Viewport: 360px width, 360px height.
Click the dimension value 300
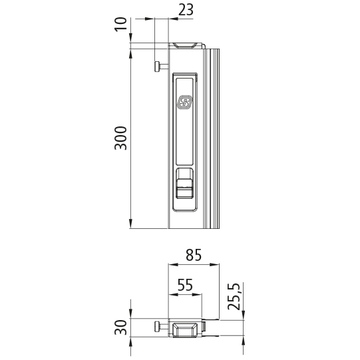[x=120, y=137]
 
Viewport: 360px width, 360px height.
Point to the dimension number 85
[x=193, y=255]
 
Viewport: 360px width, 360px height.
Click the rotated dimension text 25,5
[x=234, y=297]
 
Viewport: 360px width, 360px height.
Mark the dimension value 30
[x=120, y=328]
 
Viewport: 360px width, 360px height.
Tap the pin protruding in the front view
[x=160, y=66]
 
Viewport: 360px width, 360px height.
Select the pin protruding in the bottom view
[x=160, y=327]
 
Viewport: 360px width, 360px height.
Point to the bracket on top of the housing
[x=187, y=45]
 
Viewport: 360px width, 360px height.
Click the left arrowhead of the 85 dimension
[x=170, y=266]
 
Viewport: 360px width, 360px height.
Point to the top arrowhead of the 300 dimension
[x=131, y=52]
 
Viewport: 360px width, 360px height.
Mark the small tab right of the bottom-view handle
[x=206, y=327]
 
